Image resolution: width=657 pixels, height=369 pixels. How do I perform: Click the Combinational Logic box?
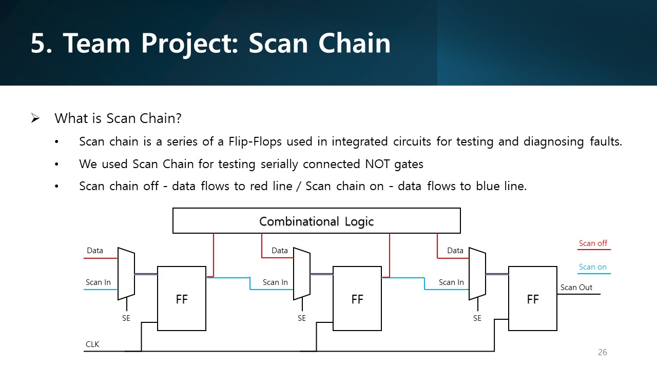tap(316, 221)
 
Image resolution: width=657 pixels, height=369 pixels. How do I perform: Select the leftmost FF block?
tap(181, 298)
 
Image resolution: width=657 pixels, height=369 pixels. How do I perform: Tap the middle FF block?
tap(357, 298)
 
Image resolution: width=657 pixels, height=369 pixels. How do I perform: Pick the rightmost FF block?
tap(532, 298)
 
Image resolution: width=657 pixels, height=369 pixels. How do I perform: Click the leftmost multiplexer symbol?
tap(126, 274)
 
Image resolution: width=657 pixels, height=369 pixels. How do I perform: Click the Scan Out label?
tap(576, 288)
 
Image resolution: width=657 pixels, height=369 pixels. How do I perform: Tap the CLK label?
tap(92, 344)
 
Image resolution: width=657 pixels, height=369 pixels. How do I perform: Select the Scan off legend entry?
tap(593, 243)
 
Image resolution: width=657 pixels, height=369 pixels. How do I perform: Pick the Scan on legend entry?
tap(593, 267)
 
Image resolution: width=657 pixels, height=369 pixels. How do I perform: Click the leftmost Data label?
tap(95, 251)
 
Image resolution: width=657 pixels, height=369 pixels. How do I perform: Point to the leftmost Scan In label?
tap(98, 282)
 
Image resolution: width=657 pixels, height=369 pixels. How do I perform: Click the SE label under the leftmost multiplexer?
tap(126, 318)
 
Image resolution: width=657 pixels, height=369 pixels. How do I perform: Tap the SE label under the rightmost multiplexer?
tap(477, 318)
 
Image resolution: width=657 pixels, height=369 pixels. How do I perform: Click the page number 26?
tap(602, 352)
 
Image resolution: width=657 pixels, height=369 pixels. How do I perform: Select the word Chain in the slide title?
tap(354, 43)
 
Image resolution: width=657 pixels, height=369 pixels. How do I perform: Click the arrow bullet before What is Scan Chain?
tap(35, 119)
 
